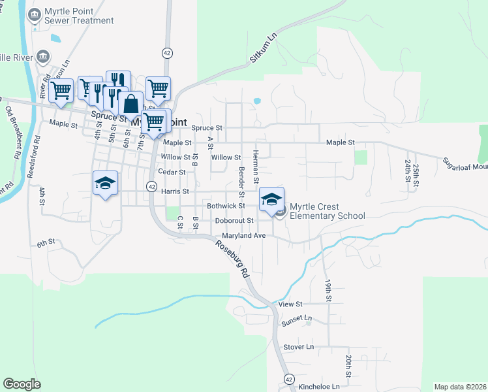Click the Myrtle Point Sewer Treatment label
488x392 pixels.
coord(78,16)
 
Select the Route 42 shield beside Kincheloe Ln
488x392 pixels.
coord(288,379)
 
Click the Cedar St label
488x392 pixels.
coord(174,172)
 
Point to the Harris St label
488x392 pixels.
coord(175,191)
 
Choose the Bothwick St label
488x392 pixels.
coord(225,206)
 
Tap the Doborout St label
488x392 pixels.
coord(234,221)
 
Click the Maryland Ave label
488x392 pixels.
coord(243,235)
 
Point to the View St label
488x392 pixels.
coord(290,304)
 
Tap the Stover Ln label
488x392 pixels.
coord(298,346)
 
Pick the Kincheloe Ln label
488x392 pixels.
coord(320,387)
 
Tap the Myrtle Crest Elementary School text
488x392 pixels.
coord(327,211)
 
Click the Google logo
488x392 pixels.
coord(22,384)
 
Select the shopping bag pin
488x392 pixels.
coord(130,104)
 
